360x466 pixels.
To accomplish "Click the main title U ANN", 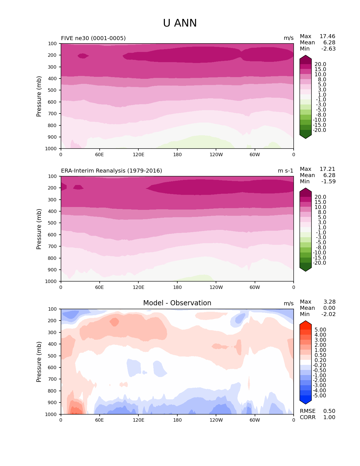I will click(180, 23).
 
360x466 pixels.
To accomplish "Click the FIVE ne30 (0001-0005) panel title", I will click(93, 38).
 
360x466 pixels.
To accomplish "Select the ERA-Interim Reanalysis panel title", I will click(112, 171).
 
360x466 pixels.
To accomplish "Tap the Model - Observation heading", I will click(177, 303).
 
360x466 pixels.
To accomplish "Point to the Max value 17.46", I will click(327, 36).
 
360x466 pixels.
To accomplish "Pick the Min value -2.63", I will click(328, 49).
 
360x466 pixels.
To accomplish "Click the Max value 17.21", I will click(327, 169).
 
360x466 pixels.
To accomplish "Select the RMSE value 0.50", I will click(329, 411).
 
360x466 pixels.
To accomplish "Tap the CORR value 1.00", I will click(329, 417).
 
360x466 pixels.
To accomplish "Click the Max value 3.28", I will click(329, 302).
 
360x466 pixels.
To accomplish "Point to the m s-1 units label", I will click(285, 171).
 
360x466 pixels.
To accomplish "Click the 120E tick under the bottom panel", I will click(138, 420).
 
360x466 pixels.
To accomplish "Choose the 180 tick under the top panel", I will click(177, 154).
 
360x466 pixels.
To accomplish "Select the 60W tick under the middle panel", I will click(255, 287).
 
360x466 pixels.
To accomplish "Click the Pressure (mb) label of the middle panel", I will click(39, 229).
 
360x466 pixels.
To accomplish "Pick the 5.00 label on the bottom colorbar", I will click(320, 330).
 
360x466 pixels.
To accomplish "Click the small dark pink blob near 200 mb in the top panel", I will click(83, 56).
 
